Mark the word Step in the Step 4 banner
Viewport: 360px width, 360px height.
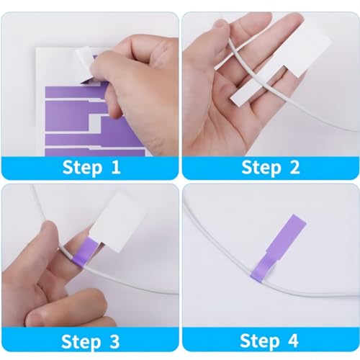click(x=260, y=340)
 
